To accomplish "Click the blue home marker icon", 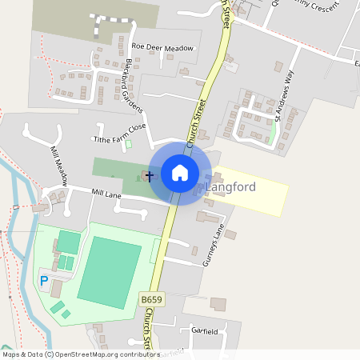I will [180, 173].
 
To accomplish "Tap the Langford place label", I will [231, 187].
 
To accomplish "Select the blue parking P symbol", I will [44, 281].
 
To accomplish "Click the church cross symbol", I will [150, 174].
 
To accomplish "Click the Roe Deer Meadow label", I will [163, 48].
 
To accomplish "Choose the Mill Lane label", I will [105, 193].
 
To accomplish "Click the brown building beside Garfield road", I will [218, 304].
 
